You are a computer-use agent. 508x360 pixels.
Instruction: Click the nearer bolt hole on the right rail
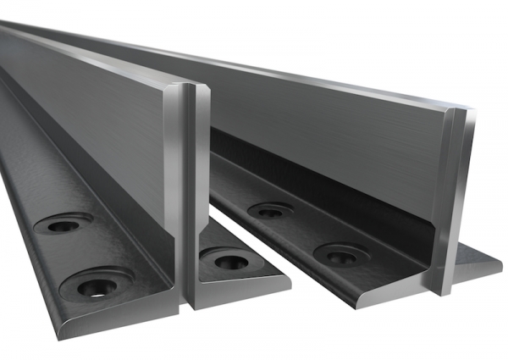coord(340,255)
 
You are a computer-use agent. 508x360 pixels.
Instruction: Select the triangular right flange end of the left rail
coord(246,280)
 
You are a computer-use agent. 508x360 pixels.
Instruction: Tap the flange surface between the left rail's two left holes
coord(76,254)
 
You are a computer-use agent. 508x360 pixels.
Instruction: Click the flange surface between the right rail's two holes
coord(305,233)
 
